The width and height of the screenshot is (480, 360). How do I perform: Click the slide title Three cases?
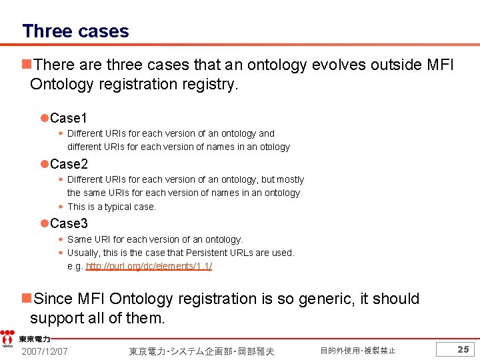pos(75,31)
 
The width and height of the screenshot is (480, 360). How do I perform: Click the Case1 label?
pos(69,118)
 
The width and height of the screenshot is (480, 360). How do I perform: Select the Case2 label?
pos(69,164)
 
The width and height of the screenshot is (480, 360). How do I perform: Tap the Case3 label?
pos(69,223)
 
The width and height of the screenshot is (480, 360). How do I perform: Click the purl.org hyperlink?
pos(149,266)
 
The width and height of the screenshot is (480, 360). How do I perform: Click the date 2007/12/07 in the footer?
pos(44,351)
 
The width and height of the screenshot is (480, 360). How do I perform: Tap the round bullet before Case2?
pos(44,164)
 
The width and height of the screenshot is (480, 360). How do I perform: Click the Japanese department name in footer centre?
pos(201,351)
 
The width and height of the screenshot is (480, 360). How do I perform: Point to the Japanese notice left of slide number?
pos(357,351)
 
